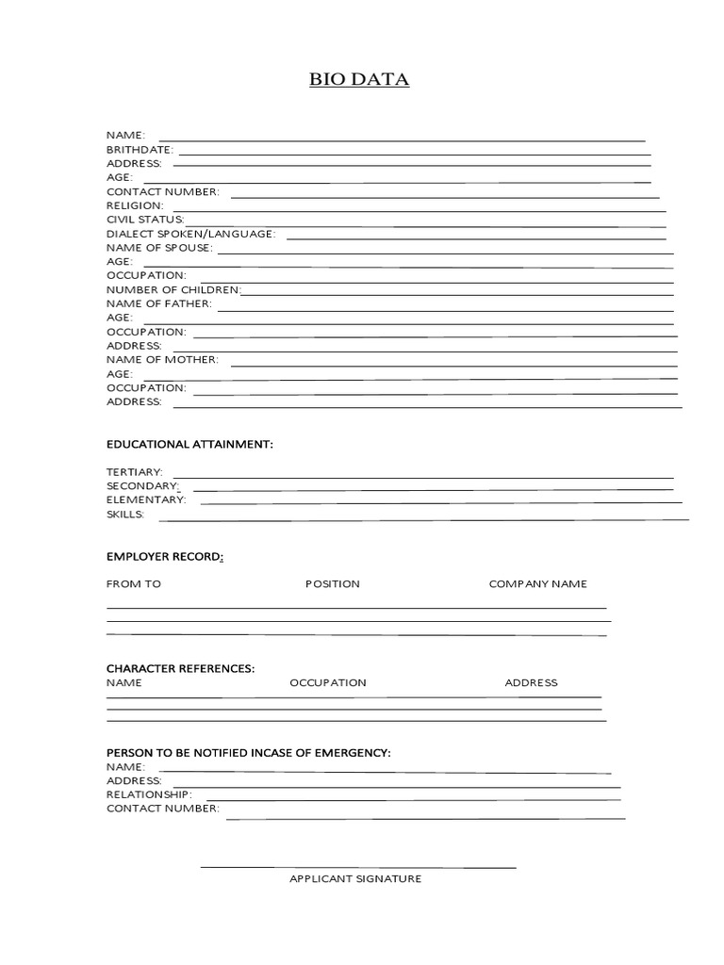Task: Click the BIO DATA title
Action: tap(359, 80)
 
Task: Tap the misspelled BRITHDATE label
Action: tap(140, 150)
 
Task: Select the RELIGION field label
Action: tap(135, 205)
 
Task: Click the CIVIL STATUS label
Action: tap(145, 220)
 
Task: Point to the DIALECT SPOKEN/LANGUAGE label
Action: tap(190, 234)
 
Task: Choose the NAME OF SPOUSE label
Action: tap(159, 248)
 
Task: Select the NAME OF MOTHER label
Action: tap(162, 360)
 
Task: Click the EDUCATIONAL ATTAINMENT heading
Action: tap(189, 443)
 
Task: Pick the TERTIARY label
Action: tap(135, 471)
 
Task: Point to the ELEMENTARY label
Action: tap(146, 499)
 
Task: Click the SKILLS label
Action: tap(125, 515)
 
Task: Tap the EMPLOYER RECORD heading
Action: tap(165, 557)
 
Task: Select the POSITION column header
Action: tap(332, 584)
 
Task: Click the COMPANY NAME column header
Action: tap(537, 584)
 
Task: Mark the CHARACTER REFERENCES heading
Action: tap(180, 668)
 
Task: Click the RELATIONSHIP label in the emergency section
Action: tap(149, 794)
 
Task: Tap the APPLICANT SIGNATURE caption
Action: tap(355, 879)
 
